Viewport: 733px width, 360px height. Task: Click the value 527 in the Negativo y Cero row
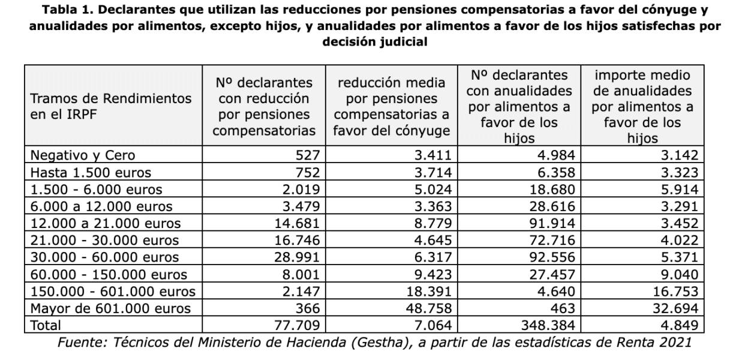[x=308, y=155]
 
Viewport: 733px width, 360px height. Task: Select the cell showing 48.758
[x=429, y=308]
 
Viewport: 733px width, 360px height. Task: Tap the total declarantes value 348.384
[x=548, y=325]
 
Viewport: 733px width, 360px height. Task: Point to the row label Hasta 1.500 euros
[x=91, y=172]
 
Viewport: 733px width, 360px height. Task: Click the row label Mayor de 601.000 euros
[x=110, y=308]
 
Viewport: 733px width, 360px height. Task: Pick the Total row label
[x=46, y=325]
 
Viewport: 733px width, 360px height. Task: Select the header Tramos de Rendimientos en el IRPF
[x=110, y=106]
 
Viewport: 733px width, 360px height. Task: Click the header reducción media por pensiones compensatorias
[x=391, y=106]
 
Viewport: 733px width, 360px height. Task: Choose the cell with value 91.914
[x=552, y=223]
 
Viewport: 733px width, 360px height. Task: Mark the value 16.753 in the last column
[x=675, y=291]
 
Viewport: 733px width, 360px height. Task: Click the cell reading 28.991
[x=297, y=257]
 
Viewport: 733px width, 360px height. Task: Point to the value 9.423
[x=433, y=274]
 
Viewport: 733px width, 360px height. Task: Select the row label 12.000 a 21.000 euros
[x=106, y=223]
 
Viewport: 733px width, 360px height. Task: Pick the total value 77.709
[x=297, y=325]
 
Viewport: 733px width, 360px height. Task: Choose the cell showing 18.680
[x=552, y=190]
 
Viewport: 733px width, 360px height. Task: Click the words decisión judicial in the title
[x=375, y=42]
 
